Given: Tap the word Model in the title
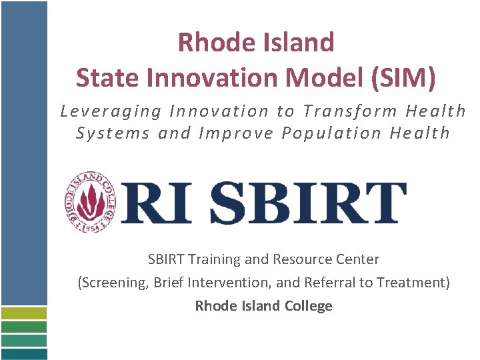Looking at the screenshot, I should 323,77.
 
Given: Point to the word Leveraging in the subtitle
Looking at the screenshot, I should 110,111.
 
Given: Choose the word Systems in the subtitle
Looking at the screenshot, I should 113,133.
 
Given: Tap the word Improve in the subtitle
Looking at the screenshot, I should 237,133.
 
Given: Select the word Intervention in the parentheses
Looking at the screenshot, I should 230,283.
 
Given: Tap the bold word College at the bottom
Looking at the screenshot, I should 309,306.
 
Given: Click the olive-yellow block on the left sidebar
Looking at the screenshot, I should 24,313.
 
